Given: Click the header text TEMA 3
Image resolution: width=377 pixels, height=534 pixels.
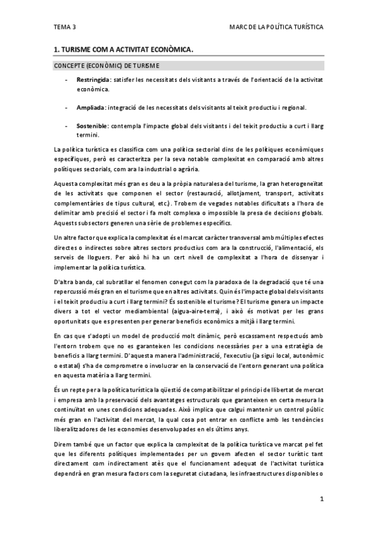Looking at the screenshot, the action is pos(65,28).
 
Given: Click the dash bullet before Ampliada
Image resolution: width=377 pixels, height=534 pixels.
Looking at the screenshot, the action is pos(67,108).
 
